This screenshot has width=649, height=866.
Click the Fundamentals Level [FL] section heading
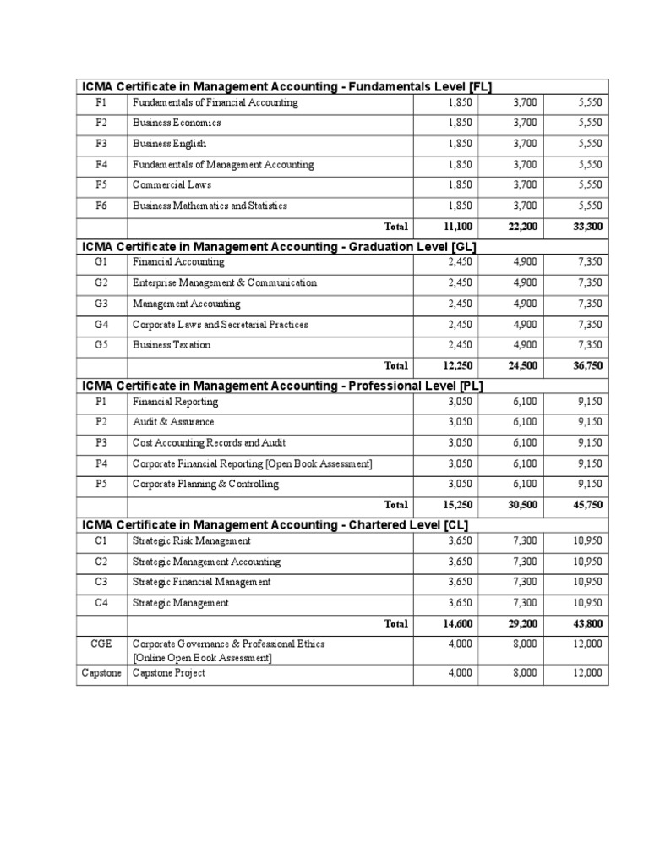286,86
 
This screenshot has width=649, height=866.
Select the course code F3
101,144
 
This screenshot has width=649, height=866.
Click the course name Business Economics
177,123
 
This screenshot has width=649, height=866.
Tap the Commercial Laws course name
172,185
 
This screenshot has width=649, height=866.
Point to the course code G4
101,325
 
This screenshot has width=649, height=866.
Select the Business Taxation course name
172,345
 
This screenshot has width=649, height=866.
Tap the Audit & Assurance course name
173,422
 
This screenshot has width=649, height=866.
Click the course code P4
101,463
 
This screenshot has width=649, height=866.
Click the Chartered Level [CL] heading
275,525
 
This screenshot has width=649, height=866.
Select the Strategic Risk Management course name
191,541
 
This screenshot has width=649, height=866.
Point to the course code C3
101,582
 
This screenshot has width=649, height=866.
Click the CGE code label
101,644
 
